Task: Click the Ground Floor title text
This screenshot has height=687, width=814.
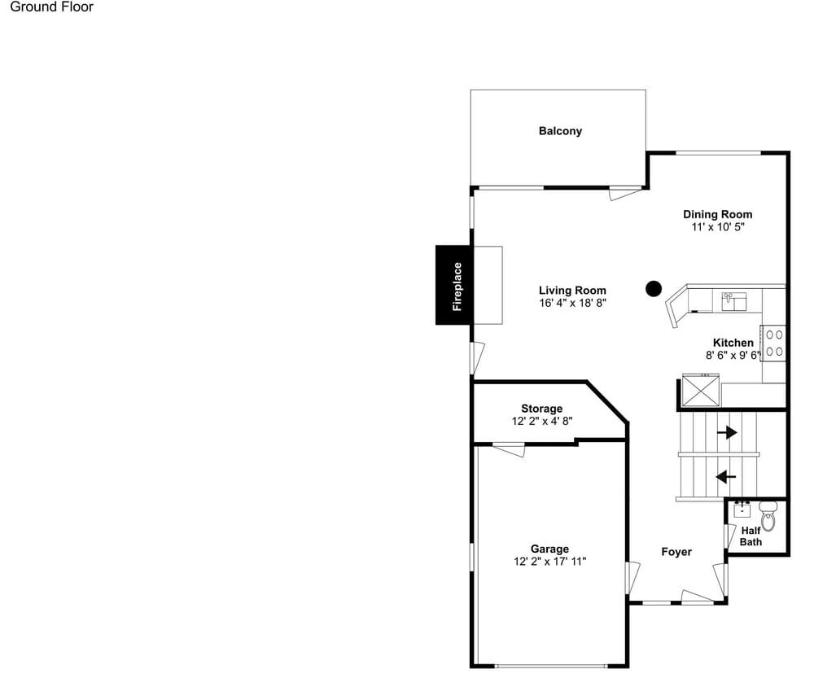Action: tap(51, 7)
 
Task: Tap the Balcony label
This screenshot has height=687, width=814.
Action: tap(560, 131)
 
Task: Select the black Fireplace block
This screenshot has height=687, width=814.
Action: tap(453, 285)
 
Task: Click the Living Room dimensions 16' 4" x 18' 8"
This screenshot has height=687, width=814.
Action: tap(572, 303)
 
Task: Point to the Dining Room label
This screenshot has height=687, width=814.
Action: tap(717, 214)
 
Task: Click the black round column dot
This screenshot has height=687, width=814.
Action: tap(654, 289)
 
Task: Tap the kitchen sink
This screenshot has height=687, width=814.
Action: tap(734, 301)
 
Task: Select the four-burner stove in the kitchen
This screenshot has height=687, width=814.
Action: tap(773, 343)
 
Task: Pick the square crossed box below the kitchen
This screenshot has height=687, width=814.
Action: tap(701, 389)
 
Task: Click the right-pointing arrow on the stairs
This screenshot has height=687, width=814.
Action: tap(727, 432)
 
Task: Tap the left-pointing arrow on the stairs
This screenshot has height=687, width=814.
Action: tap(726, 476)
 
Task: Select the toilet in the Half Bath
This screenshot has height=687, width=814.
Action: tap(768, 516)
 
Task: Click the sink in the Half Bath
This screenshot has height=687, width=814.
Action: tap(742, 510)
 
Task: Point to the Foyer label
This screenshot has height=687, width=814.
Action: tap(676, 551)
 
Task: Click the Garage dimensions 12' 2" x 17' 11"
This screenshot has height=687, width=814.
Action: tap(549, 562)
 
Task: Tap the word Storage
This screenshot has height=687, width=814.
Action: tap(542, 409)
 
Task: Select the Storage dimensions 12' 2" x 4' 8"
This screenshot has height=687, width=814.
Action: tap(542, 421)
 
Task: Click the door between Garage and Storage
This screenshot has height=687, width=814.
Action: tap(509, 449)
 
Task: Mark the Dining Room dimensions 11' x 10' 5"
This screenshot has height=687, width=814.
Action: tap(718, 227)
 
